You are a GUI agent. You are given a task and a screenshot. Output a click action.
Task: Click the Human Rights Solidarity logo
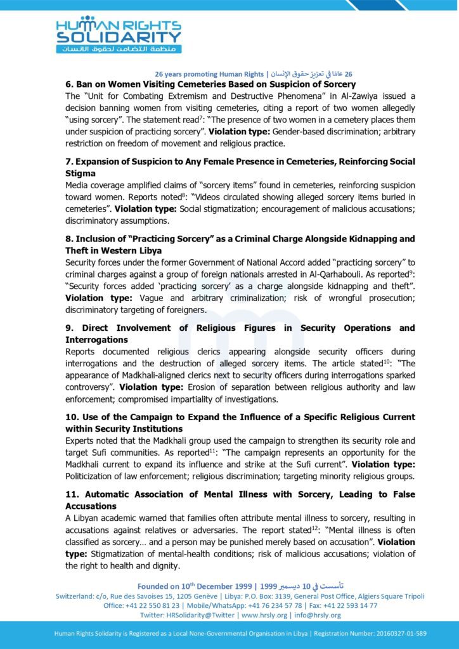pos(118,34)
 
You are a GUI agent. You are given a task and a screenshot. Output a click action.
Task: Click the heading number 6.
pos(68,84)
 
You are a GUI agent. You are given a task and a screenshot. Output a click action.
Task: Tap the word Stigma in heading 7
pos(81,173)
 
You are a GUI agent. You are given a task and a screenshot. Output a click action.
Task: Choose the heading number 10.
pos(71,416)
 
